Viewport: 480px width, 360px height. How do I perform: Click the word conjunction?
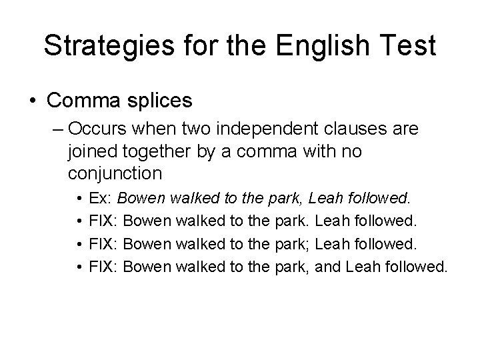115,174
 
